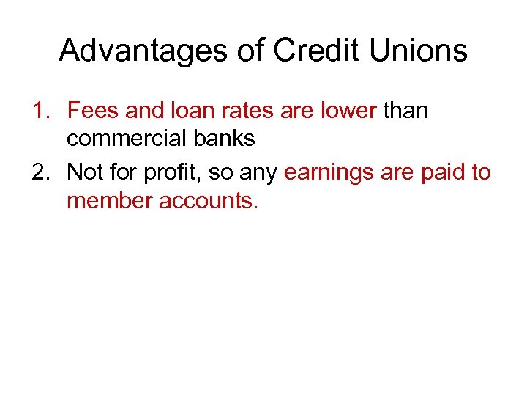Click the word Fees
pyautogui.click(x=93, y=111)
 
